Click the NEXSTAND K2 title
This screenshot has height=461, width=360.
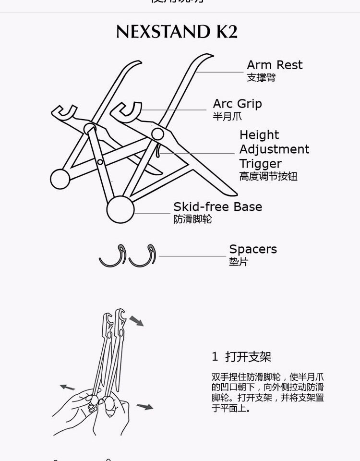tap(177, 32)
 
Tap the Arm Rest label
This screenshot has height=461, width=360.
tap(275, 65)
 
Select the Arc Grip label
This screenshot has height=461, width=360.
tap(237, 104)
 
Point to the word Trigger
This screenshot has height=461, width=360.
tap(261, 163)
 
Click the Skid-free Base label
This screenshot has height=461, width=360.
tap(217, 207)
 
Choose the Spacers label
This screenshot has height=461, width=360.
tap(253, 249)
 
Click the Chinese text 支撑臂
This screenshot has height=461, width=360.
tap(261, 77)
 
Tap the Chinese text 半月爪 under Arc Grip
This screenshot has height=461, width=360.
tap(228, 116)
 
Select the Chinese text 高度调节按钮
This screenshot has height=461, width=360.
tap(268, 176)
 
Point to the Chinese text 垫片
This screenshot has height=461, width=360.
tap(239, 262)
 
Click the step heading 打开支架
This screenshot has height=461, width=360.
tap(248, 357)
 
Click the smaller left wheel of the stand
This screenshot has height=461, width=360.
tap(60, 178)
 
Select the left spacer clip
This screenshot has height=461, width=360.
tap(113, 256)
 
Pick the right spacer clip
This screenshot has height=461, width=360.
tap(143, 256)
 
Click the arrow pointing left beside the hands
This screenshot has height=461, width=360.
tap(68, 387)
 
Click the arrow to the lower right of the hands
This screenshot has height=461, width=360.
tap(144, 407)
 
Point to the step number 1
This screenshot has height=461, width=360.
tap(215, 357)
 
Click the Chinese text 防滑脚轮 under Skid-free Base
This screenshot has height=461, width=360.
tap(192, 219)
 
